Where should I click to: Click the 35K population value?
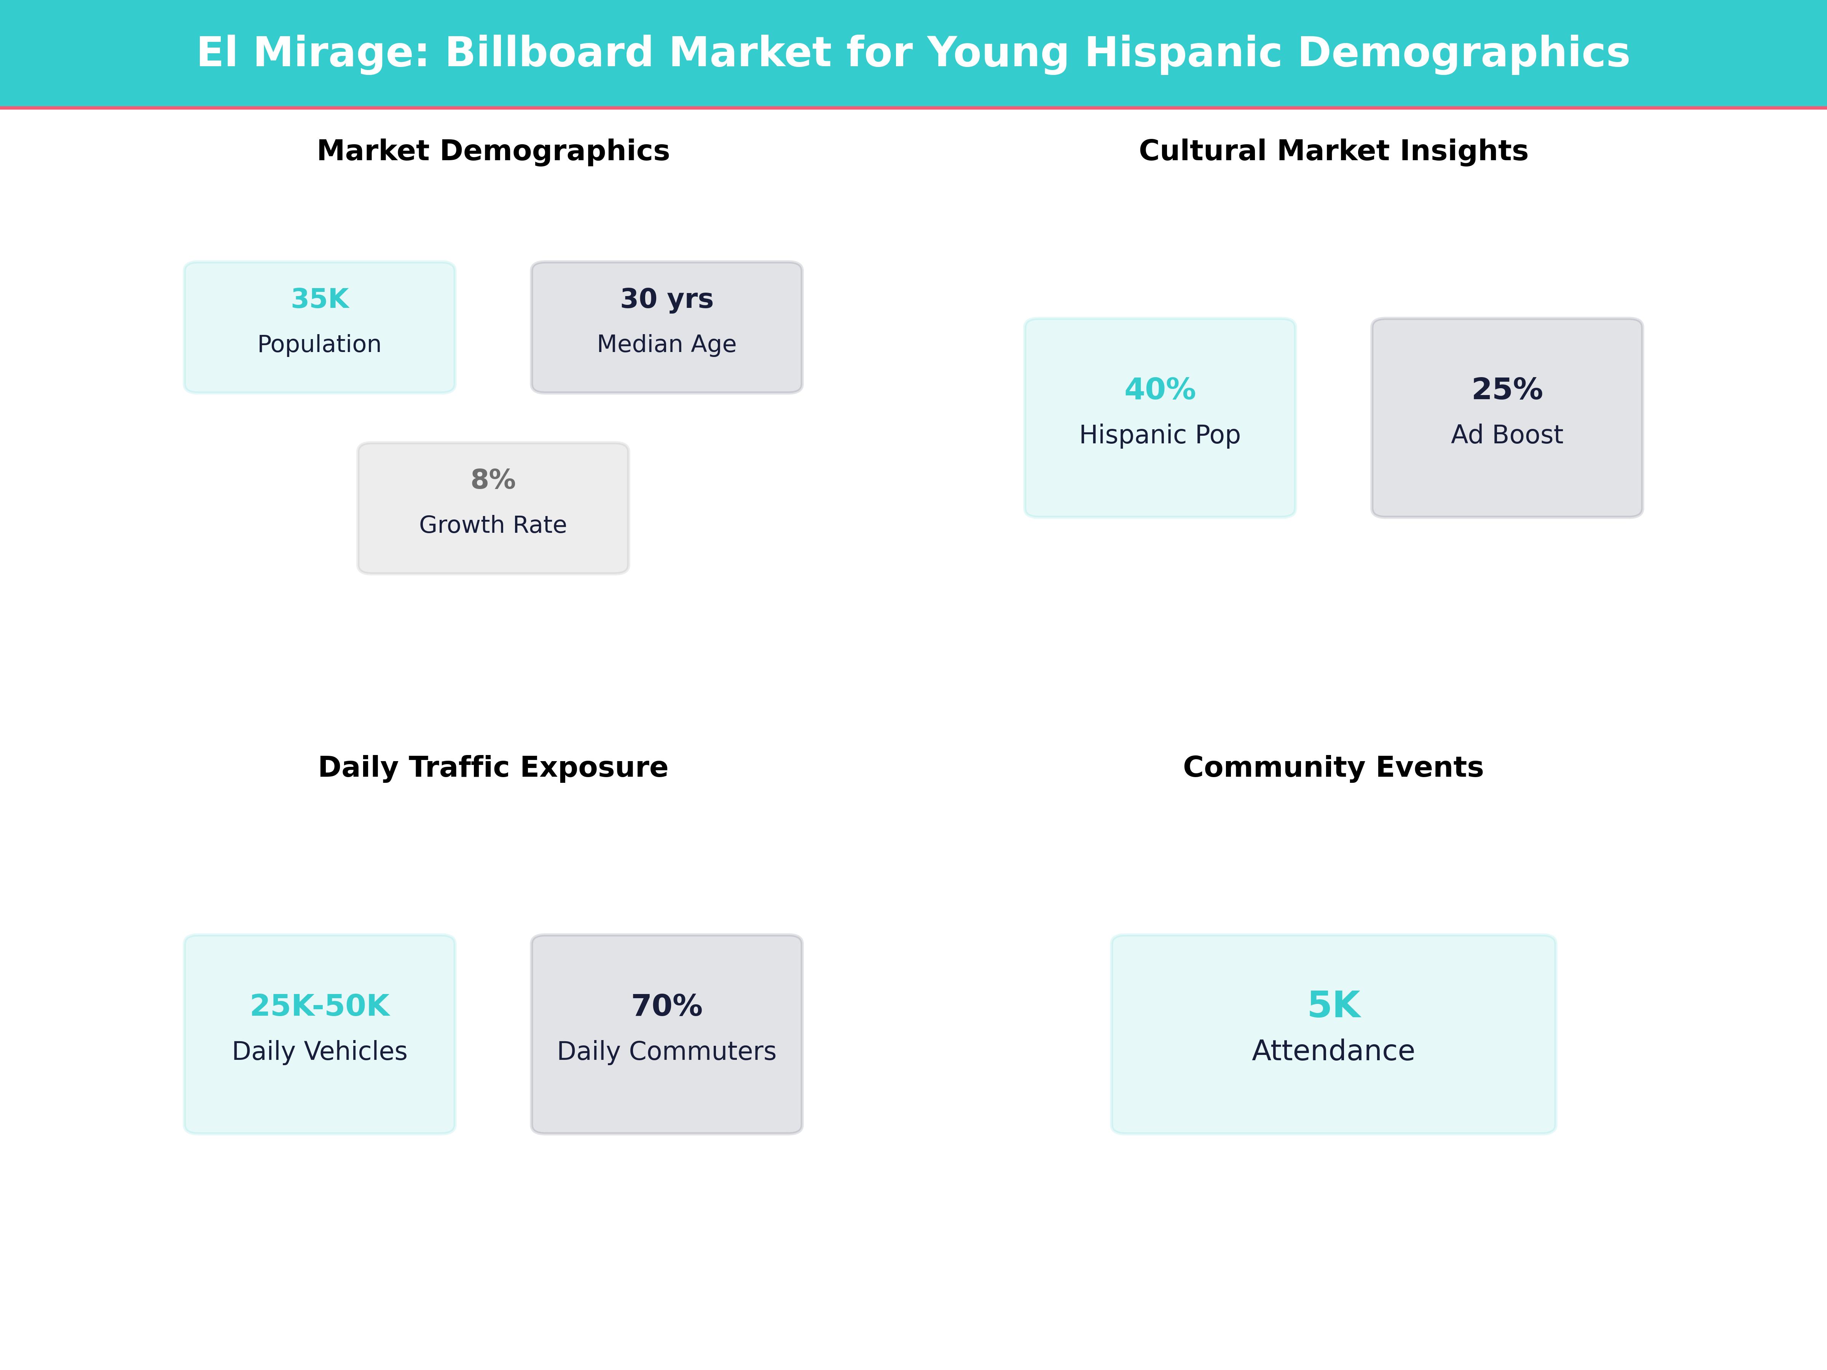(320, 299)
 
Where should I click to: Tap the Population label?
(320, 344)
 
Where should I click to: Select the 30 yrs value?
(666, 299)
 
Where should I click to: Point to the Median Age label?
(666, 344)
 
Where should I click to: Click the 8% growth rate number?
(493, 480)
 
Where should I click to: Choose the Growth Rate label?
(493, 525)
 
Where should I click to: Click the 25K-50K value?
(320, 1006)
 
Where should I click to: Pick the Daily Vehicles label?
(320, 1051)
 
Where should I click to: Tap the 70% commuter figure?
(666, 1006)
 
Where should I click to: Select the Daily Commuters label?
(666, 1051)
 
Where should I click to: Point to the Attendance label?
(1333, 1051)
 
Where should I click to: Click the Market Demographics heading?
(493, 151)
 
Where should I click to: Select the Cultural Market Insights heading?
(1333, 151)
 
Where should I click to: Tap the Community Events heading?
(1333, 767)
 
